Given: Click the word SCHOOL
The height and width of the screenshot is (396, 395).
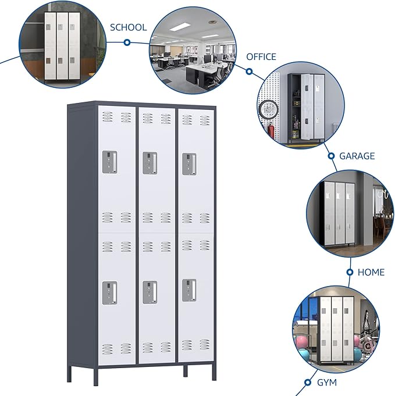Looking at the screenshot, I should coord(128,27).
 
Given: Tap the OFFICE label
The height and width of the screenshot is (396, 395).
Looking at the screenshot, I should coord(261,56).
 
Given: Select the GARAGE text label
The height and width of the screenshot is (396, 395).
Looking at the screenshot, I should coord(357,156).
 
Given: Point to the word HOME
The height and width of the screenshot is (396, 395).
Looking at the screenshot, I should coord(371,272).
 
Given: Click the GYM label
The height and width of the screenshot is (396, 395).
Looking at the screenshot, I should coord(326,383).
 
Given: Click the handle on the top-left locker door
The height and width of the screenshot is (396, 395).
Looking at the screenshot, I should coord(110,162).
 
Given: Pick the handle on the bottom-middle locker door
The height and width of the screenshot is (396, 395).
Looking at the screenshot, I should coord(150,292).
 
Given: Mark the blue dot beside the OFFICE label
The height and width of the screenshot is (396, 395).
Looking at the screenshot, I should coord(248,72).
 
